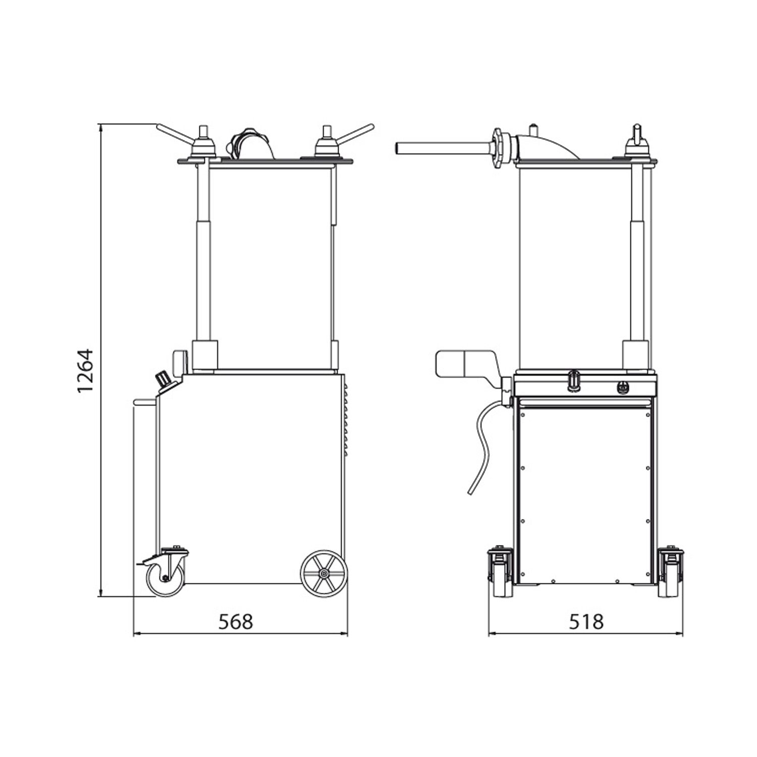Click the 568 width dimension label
(x=236, y=622)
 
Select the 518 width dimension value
(x=586, y=622)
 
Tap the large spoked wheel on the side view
(x=323, y=574)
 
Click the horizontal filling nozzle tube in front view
(x=439, y=148)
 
